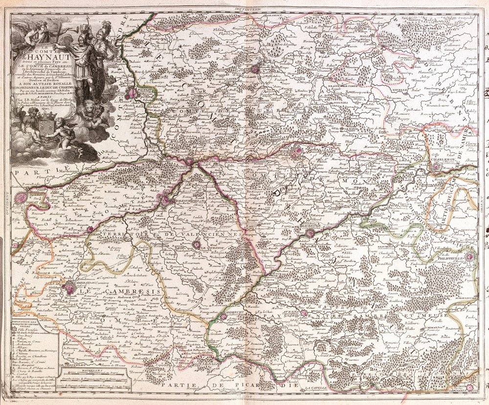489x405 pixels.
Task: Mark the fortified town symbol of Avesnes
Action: point(303,313)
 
